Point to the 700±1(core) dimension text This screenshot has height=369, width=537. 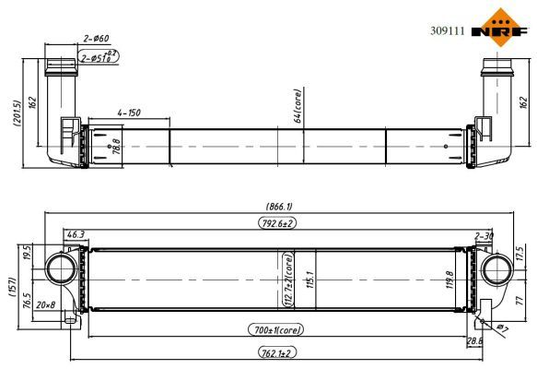click(274, 328)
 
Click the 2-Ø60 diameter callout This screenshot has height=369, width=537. click(96, 38)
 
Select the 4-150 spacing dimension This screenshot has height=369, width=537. click(128, 113)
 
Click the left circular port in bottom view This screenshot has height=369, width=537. click(63, 268)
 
